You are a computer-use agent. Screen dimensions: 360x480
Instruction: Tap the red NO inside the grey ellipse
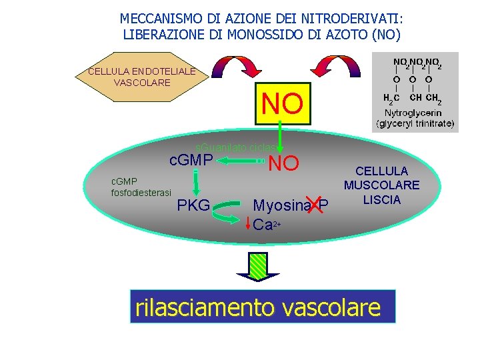[x=284, y=163]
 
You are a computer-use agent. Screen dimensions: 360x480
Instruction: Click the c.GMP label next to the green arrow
[x=191, y=160]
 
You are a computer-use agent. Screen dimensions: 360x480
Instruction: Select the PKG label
[x=193, y=204]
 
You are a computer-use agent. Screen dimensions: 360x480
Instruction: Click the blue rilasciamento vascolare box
[x=263, y=307]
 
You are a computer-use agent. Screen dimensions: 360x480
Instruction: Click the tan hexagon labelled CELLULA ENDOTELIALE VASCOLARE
[x=141, y=77]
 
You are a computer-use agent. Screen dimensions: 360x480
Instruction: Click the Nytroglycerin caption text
[x=415, y=119]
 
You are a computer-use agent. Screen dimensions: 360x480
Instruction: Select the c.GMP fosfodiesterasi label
[x=141, y=187]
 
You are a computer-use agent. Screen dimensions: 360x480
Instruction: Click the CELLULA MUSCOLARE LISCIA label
[x=381, y=185]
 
